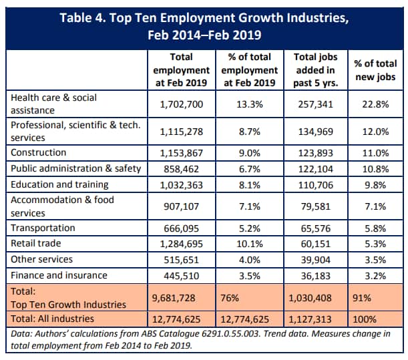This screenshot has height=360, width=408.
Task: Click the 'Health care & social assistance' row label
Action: click(x=53, y=104)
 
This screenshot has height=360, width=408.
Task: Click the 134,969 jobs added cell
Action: click(x=314, y=131)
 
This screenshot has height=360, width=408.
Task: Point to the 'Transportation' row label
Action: click(x=43, y=228)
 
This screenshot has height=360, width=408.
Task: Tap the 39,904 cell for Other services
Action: click(x=314, y=259)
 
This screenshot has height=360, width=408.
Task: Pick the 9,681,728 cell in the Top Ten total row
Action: click(x=174, y=297)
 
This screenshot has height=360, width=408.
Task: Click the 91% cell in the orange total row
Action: click(x=363, y=297)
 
